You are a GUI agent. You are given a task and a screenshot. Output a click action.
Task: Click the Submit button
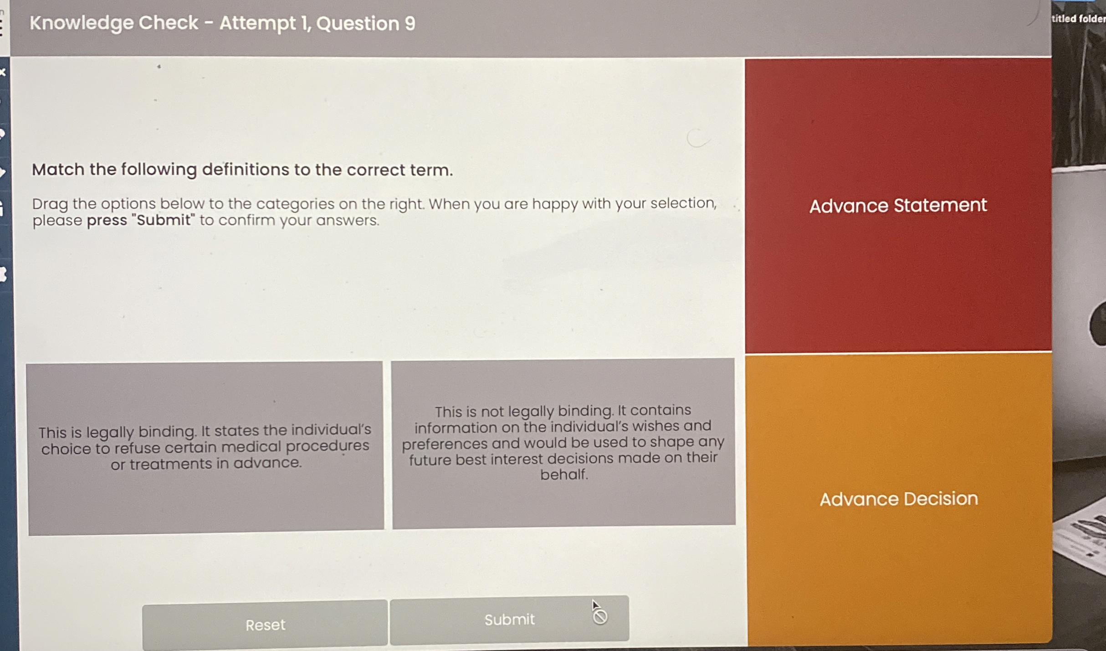509,620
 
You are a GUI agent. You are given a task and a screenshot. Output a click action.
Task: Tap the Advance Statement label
898,206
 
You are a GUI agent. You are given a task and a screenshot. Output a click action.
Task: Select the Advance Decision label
899,499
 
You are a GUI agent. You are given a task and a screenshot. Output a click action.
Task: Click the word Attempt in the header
257,23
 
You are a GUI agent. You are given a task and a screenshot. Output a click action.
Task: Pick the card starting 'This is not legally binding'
563,442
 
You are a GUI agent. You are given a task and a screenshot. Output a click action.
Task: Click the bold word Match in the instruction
58,170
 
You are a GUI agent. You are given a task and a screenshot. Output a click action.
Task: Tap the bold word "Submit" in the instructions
164,220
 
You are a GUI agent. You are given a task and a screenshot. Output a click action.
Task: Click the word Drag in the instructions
50,204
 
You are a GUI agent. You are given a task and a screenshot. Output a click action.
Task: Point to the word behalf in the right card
564,475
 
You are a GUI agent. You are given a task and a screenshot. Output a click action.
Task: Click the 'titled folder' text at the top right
1078,19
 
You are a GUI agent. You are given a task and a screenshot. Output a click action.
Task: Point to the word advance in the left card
267,463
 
